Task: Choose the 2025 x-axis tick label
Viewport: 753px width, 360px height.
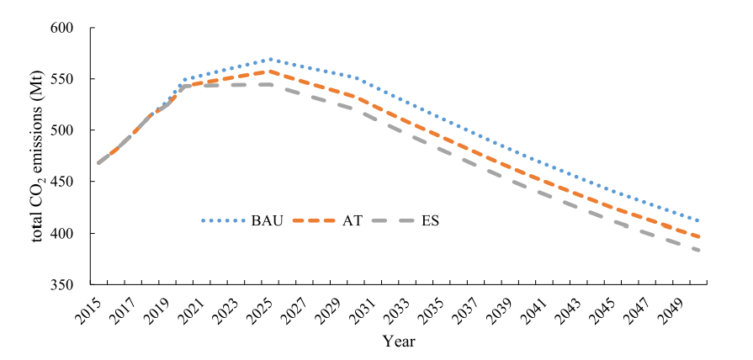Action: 262,310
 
